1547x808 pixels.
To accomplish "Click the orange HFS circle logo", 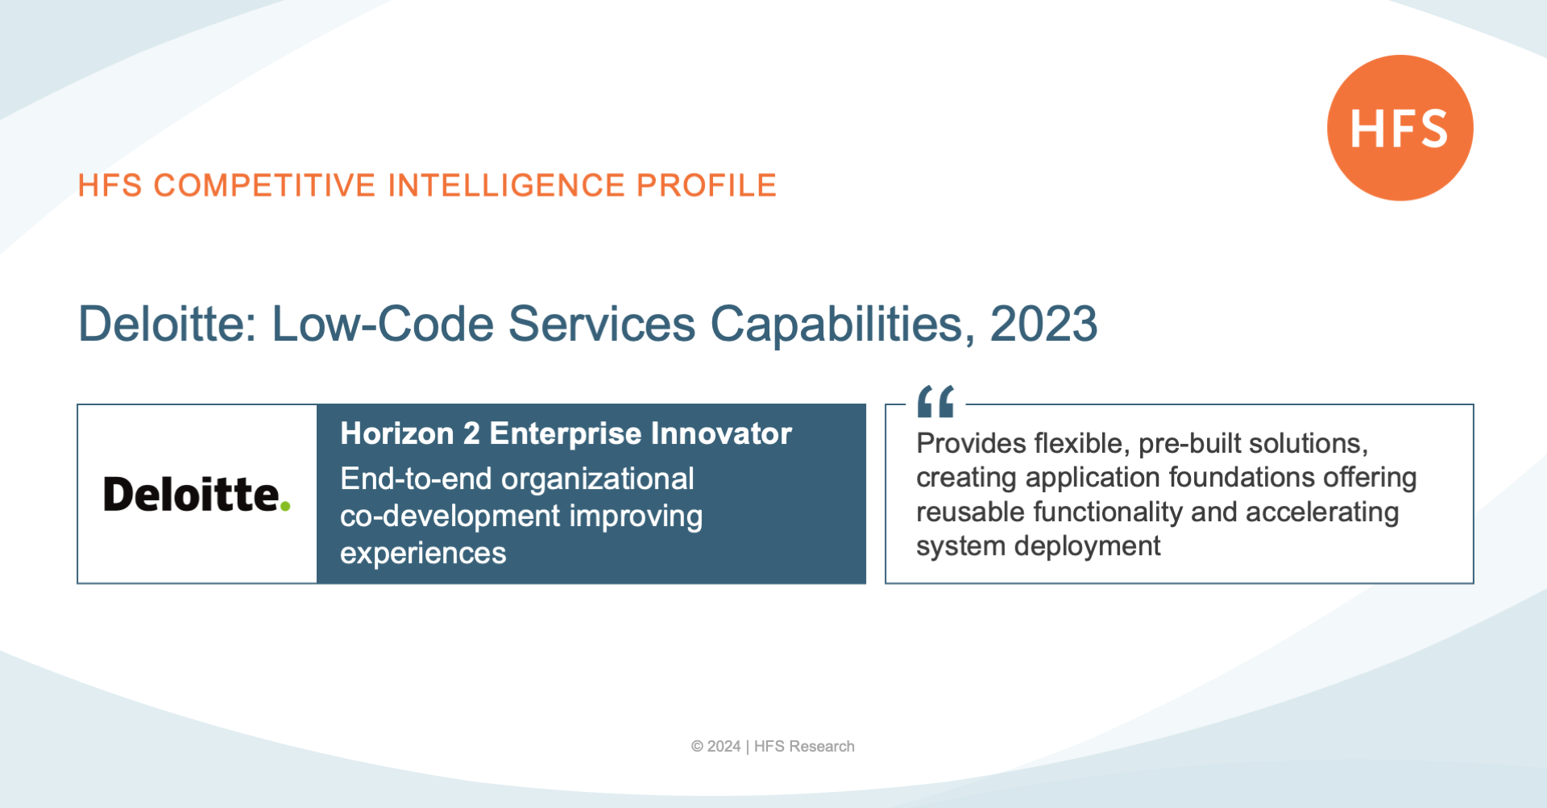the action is pos(1400,127).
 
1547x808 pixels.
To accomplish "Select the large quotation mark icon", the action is pos(935,401).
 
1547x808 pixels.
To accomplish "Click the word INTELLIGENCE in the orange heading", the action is pos(506,185).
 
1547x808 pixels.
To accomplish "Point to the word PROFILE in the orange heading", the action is pos(707,185).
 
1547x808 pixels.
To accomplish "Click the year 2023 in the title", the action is pos(1043,324).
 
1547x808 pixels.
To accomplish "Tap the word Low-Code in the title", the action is pos(383,324).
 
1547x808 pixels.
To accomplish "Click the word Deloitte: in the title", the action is pos(167,324).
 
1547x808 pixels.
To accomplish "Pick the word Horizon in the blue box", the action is pos(397,433).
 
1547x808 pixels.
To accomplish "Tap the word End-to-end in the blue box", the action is pos(416,479).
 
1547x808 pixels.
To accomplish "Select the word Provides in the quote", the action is pos(971,443).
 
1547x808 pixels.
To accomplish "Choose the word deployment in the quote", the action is pos(1088,547).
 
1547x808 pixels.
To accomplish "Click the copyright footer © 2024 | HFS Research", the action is pos(773,746).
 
